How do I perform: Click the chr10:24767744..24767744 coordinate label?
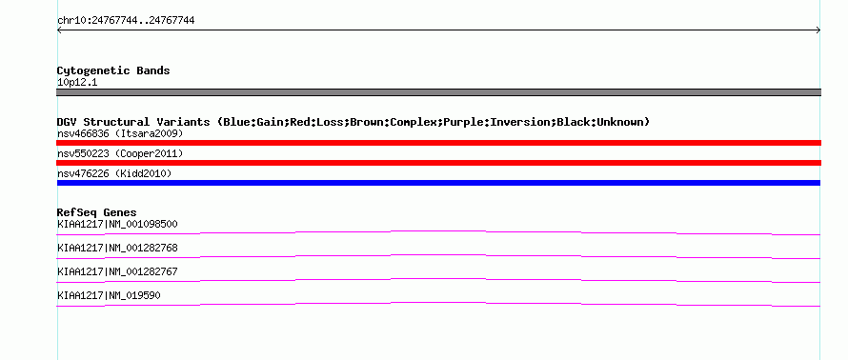[x=126, y=21]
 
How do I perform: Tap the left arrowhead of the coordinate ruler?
[x=58, y=30]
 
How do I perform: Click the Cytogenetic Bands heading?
[x=113, y=70]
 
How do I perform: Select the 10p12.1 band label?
[x=77, y=83]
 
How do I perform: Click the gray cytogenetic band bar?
[x=438, y=92]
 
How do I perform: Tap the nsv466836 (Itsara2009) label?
[x=120, y=133]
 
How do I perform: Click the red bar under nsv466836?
[x=438, y=143]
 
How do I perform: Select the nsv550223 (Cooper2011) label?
[x=120, y=153]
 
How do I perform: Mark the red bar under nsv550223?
[x=438, y=163]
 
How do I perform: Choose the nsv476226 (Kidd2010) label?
[x=114, y=173]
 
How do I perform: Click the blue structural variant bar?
[x=438, y=183]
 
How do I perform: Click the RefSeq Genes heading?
[x=97, y=212]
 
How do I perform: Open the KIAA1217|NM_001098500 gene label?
[x=117, y=224]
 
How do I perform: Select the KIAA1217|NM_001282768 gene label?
[x=117, y=248]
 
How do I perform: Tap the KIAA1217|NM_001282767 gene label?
[x=117, y=271]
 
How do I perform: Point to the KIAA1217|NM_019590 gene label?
[x=109, y=295]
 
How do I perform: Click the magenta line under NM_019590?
[x=438, y=303]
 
